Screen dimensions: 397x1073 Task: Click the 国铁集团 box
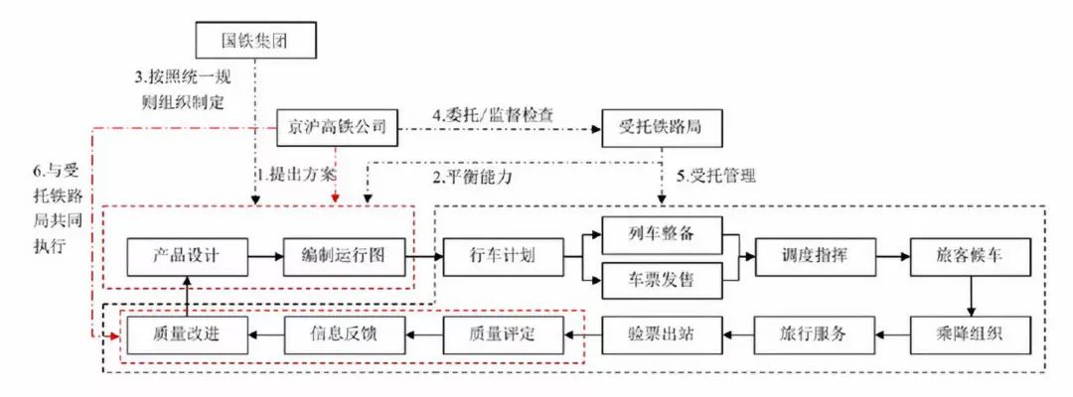coord(256,42)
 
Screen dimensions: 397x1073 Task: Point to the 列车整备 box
coord(662,234)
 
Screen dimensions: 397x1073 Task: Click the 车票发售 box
coord(662,280)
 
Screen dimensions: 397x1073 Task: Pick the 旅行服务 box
coord(815,333)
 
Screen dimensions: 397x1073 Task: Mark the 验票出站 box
coord(662,333)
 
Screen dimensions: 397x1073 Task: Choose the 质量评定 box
coord(503,333)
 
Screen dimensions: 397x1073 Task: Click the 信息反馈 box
coord(345,333)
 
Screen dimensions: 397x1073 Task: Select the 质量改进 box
coord(187,333)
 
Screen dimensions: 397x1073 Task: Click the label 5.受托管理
coord(716,178)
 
